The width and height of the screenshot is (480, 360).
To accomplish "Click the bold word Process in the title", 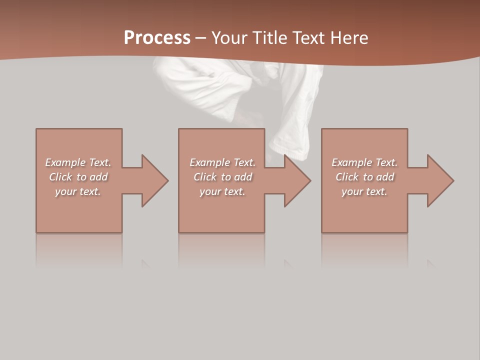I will [157, 38].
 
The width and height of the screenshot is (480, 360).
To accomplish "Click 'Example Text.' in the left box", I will [78, 162].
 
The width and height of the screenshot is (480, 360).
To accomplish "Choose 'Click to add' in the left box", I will [78, 177].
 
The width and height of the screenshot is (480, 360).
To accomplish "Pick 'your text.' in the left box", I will [78, 191].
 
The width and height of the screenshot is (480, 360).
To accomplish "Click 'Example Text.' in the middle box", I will [222, 162].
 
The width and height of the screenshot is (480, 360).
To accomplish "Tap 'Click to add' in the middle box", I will [222, 177].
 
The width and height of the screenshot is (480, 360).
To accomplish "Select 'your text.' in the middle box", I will [222, 191].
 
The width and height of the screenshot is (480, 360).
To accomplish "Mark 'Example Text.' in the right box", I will [364, 162].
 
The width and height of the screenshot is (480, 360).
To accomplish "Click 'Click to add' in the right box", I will [364, 177].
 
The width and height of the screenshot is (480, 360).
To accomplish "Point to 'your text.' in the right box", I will [364, 191].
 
